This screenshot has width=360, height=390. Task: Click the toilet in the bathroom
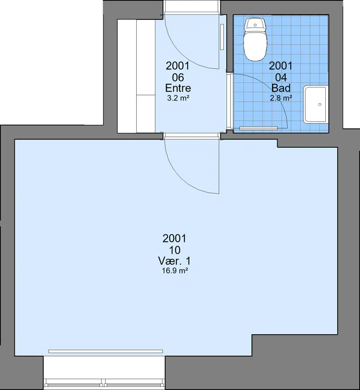pos(255,39)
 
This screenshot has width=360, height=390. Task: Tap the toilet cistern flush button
pos(255,25)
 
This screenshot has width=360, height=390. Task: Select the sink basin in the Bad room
pos(316,104)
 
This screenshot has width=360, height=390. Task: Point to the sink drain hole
pos(320,104)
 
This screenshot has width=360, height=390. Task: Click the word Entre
pos(178,88)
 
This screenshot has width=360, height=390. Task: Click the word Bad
pos(281,88)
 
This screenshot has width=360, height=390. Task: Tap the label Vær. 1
pos(175,261)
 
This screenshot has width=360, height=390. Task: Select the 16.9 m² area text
pos(175,271)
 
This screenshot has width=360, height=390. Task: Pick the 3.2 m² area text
pos(178,98)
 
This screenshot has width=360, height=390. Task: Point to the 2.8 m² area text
pos(281,98)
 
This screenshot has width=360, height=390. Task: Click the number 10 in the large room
pos(175,250)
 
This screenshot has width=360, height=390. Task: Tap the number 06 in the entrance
pos(178,77)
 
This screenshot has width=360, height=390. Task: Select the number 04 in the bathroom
pos(281,77)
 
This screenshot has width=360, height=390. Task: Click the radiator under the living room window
pos(106,351)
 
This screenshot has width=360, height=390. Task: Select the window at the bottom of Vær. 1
pos(104,381)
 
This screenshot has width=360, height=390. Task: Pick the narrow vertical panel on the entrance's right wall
pos(222,37)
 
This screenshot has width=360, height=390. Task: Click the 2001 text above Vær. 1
pos(175,238)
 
